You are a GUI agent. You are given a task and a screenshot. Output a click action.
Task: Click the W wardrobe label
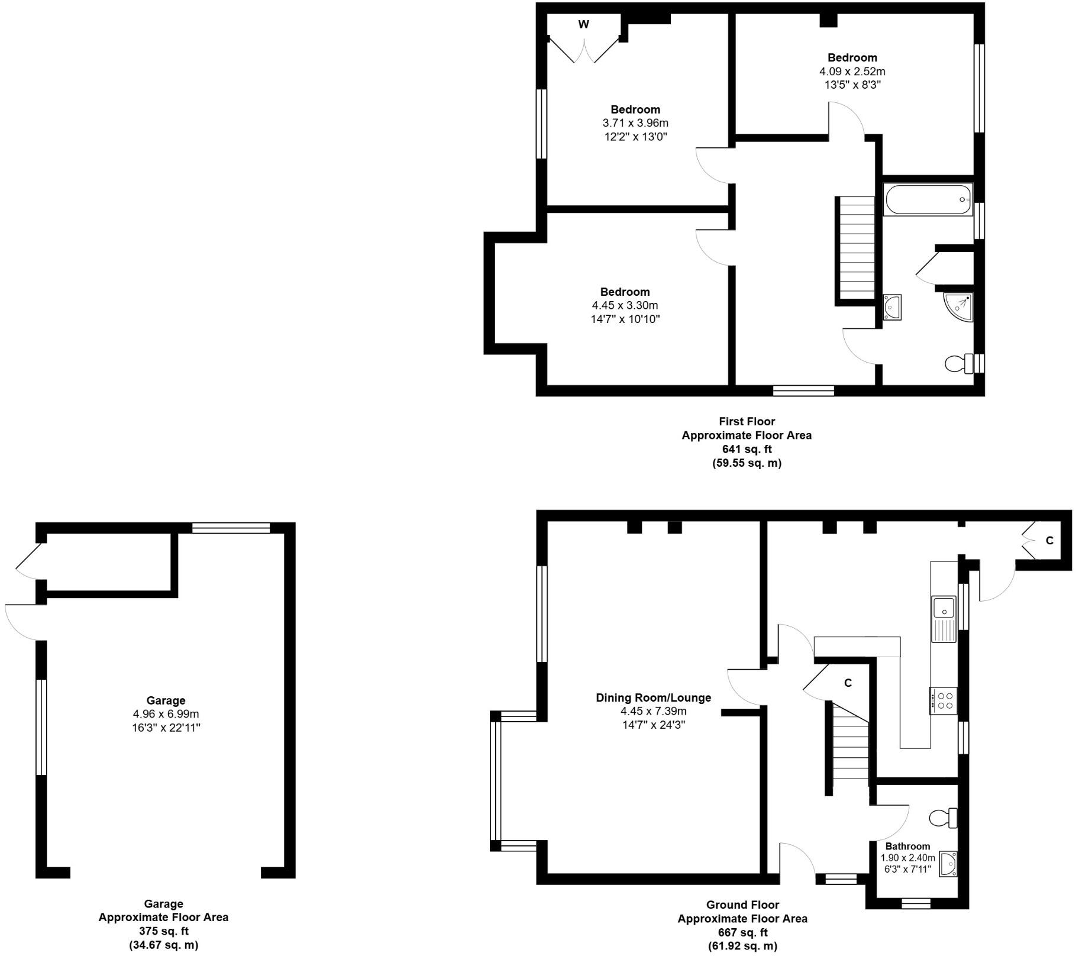[583, 25]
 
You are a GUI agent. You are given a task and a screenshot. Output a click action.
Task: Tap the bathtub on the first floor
[928, 200]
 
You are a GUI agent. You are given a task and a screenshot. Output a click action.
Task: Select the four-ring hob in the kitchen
[943, 700]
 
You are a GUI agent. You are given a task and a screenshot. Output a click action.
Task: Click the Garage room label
[166, 700]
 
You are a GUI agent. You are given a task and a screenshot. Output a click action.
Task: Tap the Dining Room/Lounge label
[653, 698]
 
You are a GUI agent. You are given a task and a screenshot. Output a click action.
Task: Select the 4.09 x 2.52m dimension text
[852, 72]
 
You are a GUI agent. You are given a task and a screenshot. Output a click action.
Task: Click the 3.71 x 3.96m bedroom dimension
[635, 123]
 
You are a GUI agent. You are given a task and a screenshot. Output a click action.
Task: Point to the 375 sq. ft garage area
[163, 931]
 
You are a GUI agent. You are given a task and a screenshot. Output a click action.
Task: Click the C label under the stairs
[848, 683]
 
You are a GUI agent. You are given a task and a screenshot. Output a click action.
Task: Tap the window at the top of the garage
[231, 528]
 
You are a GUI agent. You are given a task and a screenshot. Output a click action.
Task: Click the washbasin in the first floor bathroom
[892, 307]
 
